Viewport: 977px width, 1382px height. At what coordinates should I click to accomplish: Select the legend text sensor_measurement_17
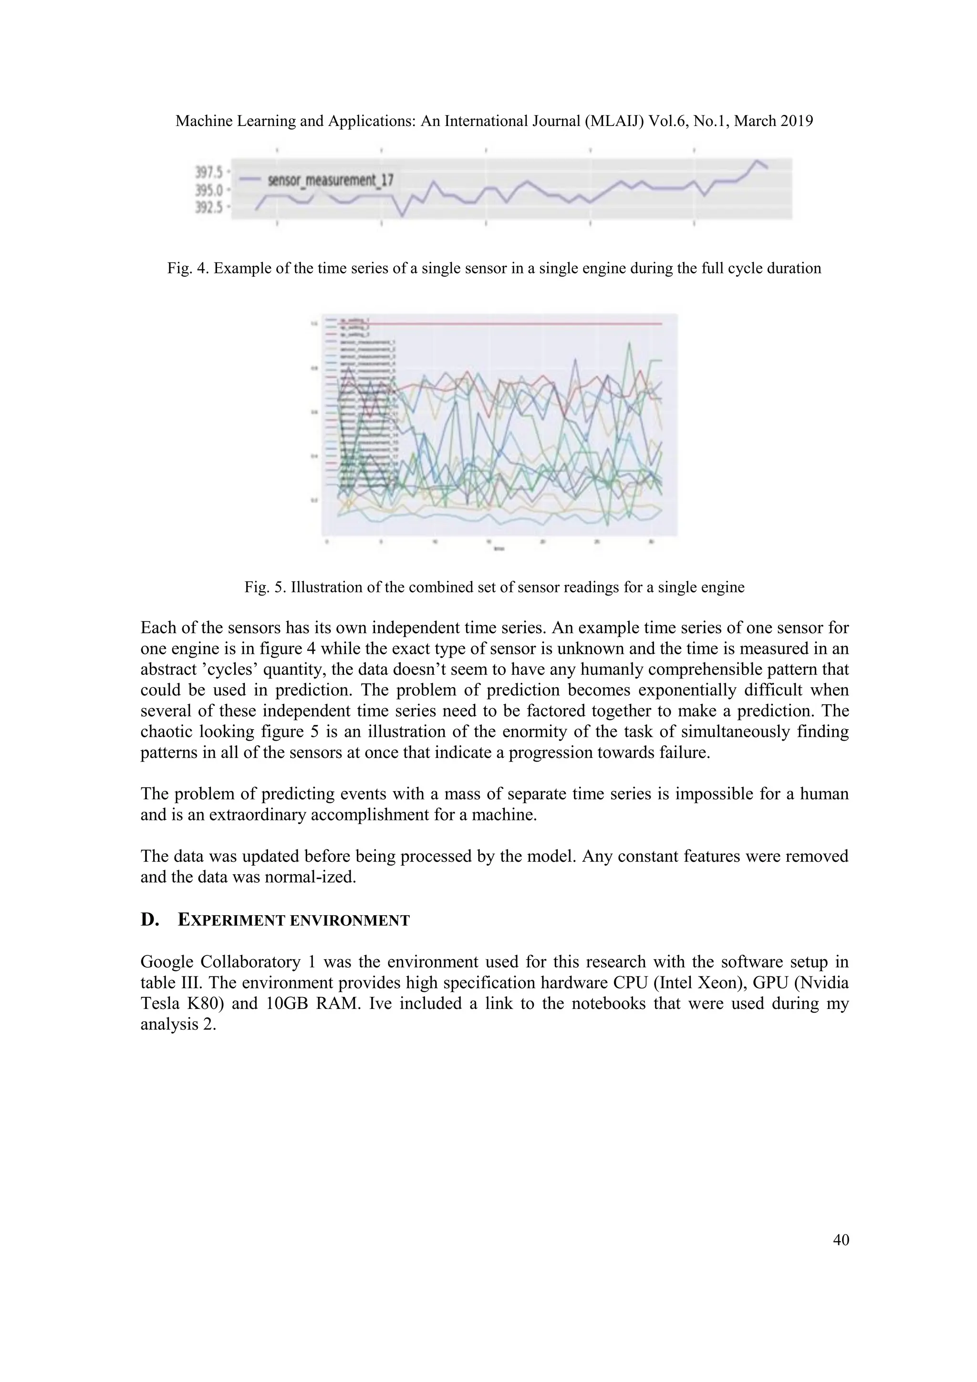330,179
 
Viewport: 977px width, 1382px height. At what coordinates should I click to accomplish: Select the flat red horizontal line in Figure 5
499,324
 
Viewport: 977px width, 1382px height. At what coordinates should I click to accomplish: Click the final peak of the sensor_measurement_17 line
758,161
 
